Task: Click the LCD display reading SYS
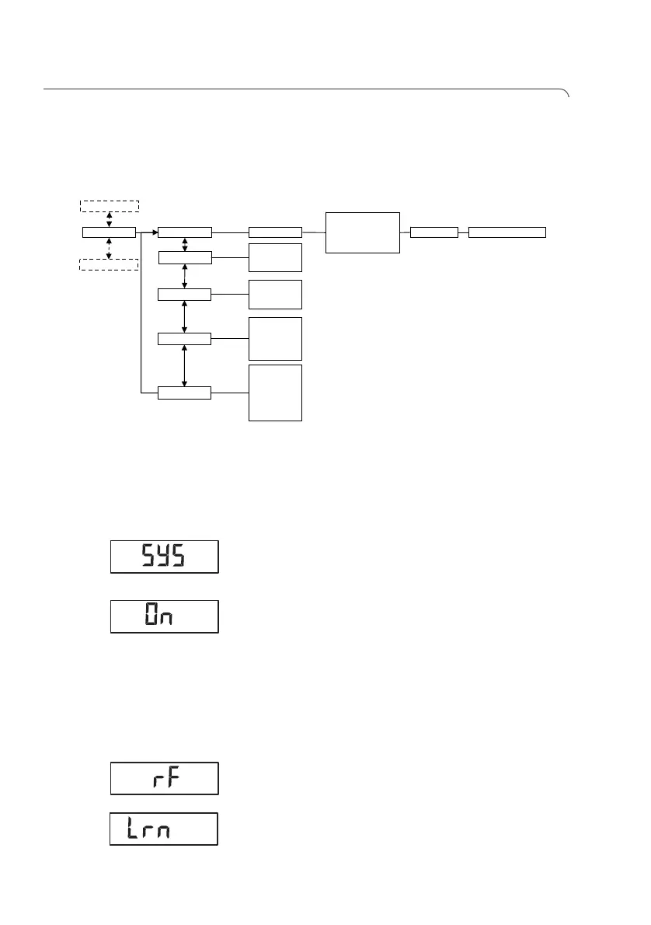tap(165, 557)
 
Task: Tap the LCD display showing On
tap(165, 616)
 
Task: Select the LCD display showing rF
tap(165, 778)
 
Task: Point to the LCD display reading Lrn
tap(163, 829)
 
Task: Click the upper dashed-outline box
tap(109, 206)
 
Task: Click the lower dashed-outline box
tap(109, 264)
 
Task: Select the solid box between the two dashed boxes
tap(109, 232)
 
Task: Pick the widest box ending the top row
tap(507, 232)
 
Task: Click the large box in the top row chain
tap(363, 232)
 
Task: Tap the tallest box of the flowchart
tap(275, 393)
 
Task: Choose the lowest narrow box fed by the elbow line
tap(184, 393)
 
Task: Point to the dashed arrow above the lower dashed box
tap(109, 248)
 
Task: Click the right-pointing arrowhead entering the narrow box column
tap(154, 232)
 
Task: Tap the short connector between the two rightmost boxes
tap(464, 232)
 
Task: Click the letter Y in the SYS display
tap(165, 557)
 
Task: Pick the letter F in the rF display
tap(174, 778)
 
